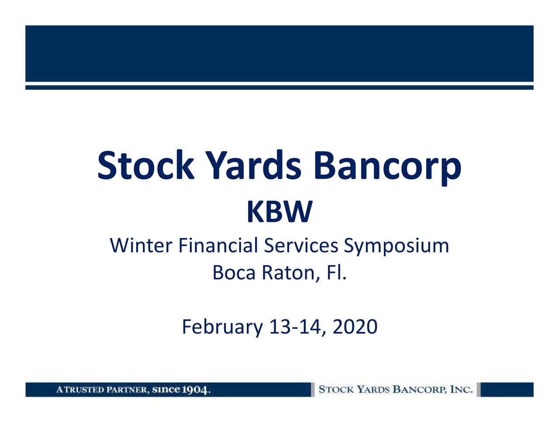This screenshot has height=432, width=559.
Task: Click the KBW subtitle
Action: pyautogui.click(x=279, y=212)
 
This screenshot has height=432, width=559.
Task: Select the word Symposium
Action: pyautogui.click(x=396, y=246)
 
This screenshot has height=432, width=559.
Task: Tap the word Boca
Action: pyautogui.click(x=234, y=273)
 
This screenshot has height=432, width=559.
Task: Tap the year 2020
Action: pyautogui.click(x=355, y=327)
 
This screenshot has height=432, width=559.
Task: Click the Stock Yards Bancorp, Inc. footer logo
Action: pyautogui.click(x=396, y=389)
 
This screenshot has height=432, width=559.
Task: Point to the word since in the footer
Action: pyautogui.click(x=166, y=389)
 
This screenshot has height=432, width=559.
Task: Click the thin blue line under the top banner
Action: pyautogui.click(x=279, y=88)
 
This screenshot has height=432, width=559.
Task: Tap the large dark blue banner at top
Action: pyautogui.click(x=279, y=53)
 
